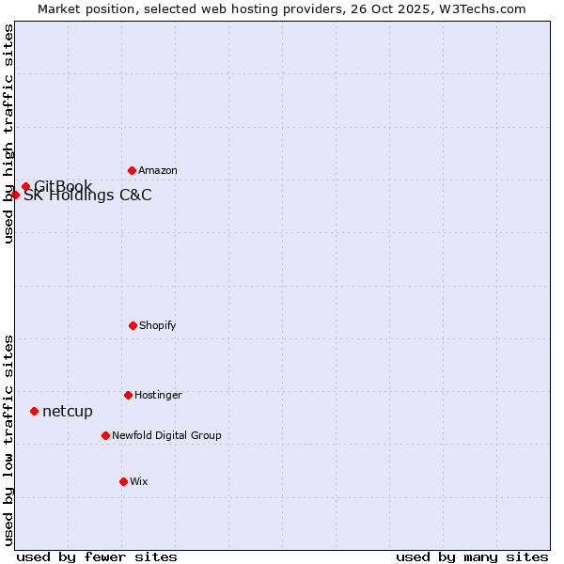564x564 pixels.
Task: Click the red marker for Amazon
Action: click(x=132, y=170)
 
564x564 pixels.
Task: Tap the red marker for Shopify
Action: click(x=133, y=325)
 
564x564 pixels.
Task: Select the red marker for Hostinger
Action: click(x=128, y=395)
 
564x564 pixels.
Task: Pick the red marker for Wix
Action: click(x=123, y=481)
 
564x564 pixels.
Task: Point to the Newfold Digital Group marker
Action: click(x=105, y=435)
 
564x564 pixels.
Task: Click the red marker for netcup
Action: click(x=34, y=411)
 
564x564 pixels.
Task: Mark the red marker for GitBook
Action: click(x=25, y=186)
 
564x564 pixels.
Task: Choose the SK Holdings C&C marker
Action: click(x=16, y=195)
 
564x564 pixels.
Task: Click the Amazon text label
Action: click(x=158, y=170)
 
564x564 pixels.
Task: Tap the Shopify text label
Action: click(x=158, y=325)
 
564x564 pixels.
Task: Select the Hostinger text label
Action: click(x=158, y=395)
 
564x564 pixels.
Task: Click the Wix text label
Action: click(x=139, y=481)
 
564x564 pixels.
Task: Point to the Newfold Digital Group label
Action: click(x=166, y=435)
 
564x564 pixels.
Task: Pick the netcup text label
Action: click(x=68, y=411)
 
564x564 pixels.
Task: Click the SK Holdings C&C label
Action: click(x=87, y=196)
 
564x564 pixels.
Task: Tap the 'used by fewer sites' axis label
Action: click(x=97, y=556)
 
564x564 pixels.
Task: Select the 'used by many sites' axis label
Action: click(x=472, y=556)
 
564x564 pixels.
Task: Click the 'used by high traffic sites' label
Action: click(x=8, y=133)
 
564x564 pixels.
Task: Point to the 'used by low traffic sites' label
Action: click(x=8, y=439)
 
